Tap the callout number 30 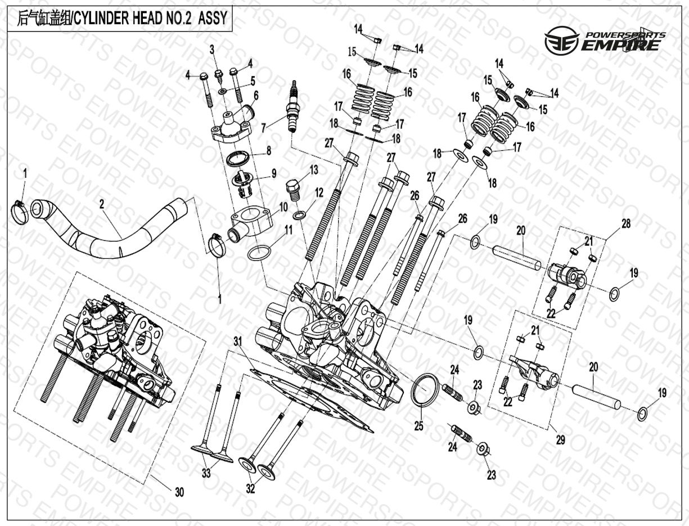[x=179, y=492]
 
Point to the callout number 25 [x=419, y=426]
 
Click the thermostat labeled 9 [x=242, y=185]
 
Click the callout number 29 [x=561, y=440]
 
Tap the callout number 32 [x=250, y=489]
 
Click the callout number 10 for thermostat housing [x=283, y=207]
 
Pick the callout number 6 [x=256, y=96]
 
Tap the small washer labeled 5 [x=222, y=91]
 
